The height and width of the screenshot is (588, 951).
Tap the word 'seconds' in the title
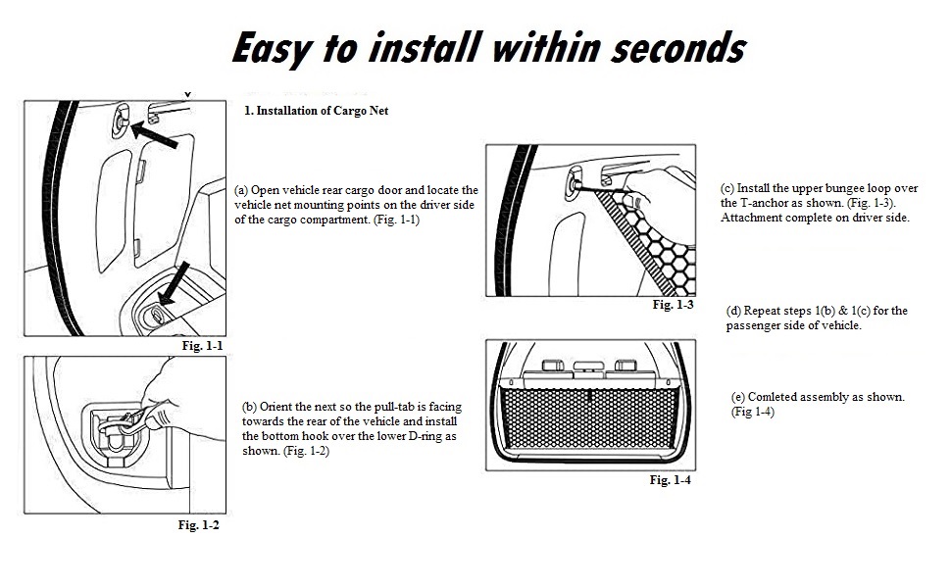678,47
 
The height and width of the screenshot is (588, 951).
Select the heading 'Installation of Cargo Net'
322,111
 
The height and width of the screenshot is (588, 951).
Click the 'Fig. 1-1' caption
203,346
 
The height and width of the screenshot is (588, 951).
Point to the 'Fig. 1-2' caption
198,525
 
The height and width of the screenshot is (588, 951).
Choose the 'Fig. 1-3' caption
673,305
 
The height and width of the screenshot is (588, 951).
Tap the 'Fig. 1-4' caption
671,480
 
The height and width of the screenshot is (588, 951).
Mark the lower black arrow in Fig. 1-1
175,282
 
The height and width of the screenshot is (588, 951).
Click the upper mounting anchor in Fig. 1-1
120,121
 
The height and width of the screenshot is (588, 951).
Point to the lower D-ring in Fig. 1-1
156,315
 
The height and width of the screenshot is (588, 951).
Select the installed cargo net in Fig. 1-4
590,418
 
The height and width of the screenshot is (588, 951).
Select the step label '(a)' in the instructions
241,190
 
